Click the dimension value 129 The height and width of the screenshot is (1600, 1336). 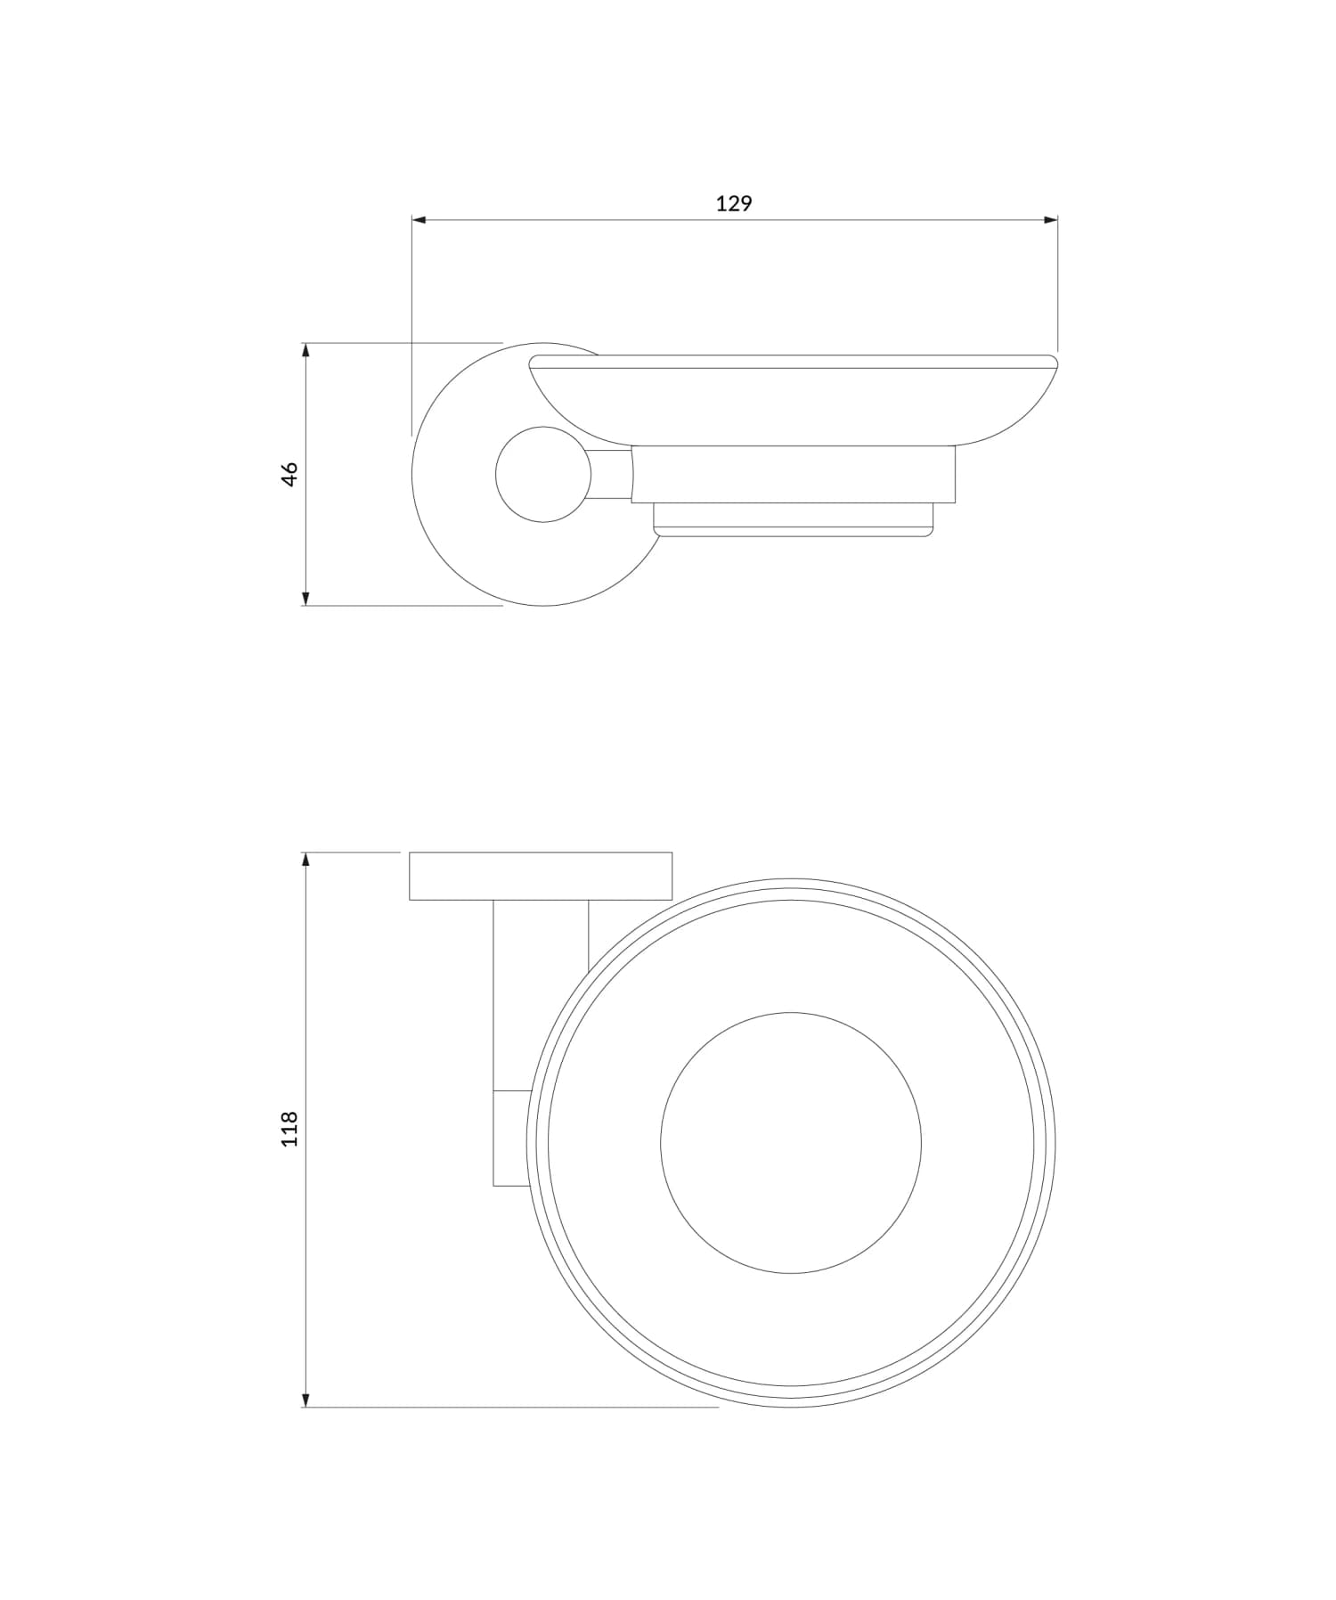point(733,204)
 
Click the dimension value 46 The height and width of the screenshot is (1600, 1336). point(289,474)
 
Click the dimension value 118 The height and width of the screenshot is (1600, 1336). point(289,1129)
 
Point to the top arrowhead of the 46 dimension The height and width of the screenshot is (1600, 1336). point(305,350)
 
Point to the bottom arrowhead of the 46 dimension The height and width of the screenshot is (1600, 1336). point(305,598)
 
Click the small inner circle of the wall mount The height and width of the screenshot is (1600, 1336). point(542,475)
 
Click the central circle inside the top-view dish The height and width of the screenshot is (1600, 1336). point(791,1143)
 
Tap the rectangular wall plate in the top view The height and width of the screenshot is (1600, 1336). point(541,877)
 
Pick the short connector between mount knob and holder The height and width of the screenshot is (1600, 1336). point(610,475)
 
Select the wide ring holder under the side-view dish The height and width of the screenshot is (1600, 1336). point(793,474)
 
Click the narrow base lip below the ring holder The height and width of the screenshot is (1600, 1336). point(793,520)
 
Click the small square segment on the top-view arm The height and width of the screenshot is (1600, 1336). point(512,1138)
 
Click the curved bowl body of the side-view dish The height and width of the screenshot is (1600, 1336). point(793,405)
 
